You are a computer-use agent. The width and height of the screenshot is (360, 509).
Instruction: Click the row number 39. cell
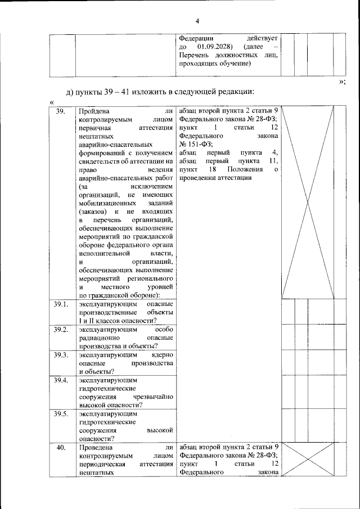61,111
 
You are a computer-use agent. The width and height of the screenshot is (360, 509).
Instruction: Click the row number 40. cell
61,448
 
